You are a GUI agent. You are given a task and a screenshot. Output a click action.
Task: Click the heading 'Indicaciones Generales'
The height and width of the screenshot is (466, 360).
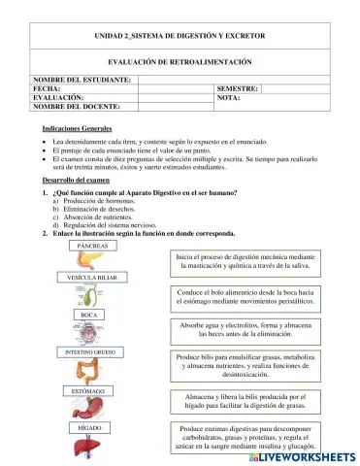tap(77, 129)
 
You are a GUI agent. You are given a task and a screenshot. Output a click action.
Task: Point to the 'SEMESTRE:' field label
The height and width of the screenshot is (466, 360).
tap(237, 88)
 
